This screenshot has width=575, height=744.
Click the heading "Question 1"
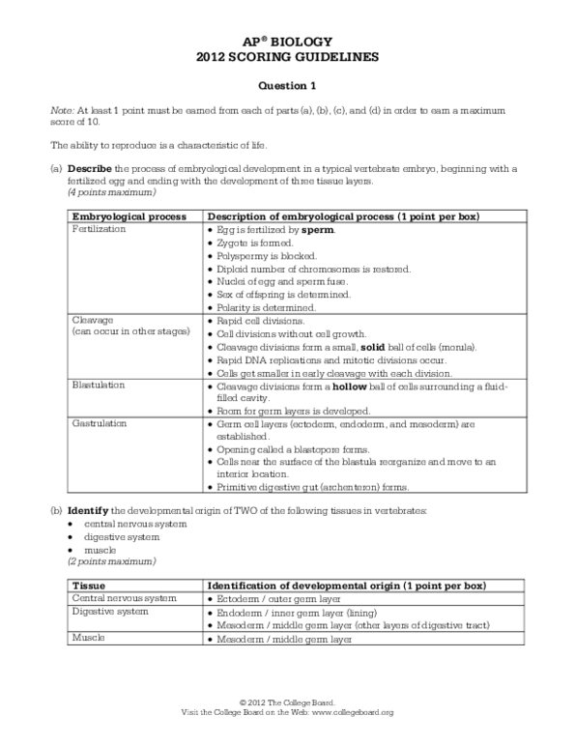click(287, 85)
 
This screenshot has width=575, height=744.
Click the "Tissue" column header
click(89, 585)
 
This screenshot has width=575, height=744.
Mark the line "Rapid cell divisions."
click(258, 319)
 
